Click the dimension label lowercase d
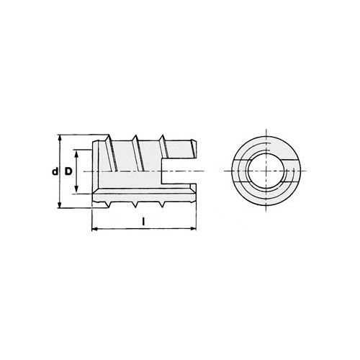point(55,171)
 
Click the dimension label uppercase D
point(68,171)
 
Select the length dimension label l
point(143,222)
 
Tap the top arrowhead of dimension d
point(60,138)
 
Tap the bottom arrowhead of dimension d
point(60,204)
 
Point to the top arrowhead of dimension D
point(76,153)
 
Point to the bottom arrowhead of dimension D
point(76,190)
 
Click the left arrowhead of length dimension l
point(95,229)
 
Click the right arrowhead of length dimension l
point(193,228)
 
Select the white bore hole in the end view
point(266,171)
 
